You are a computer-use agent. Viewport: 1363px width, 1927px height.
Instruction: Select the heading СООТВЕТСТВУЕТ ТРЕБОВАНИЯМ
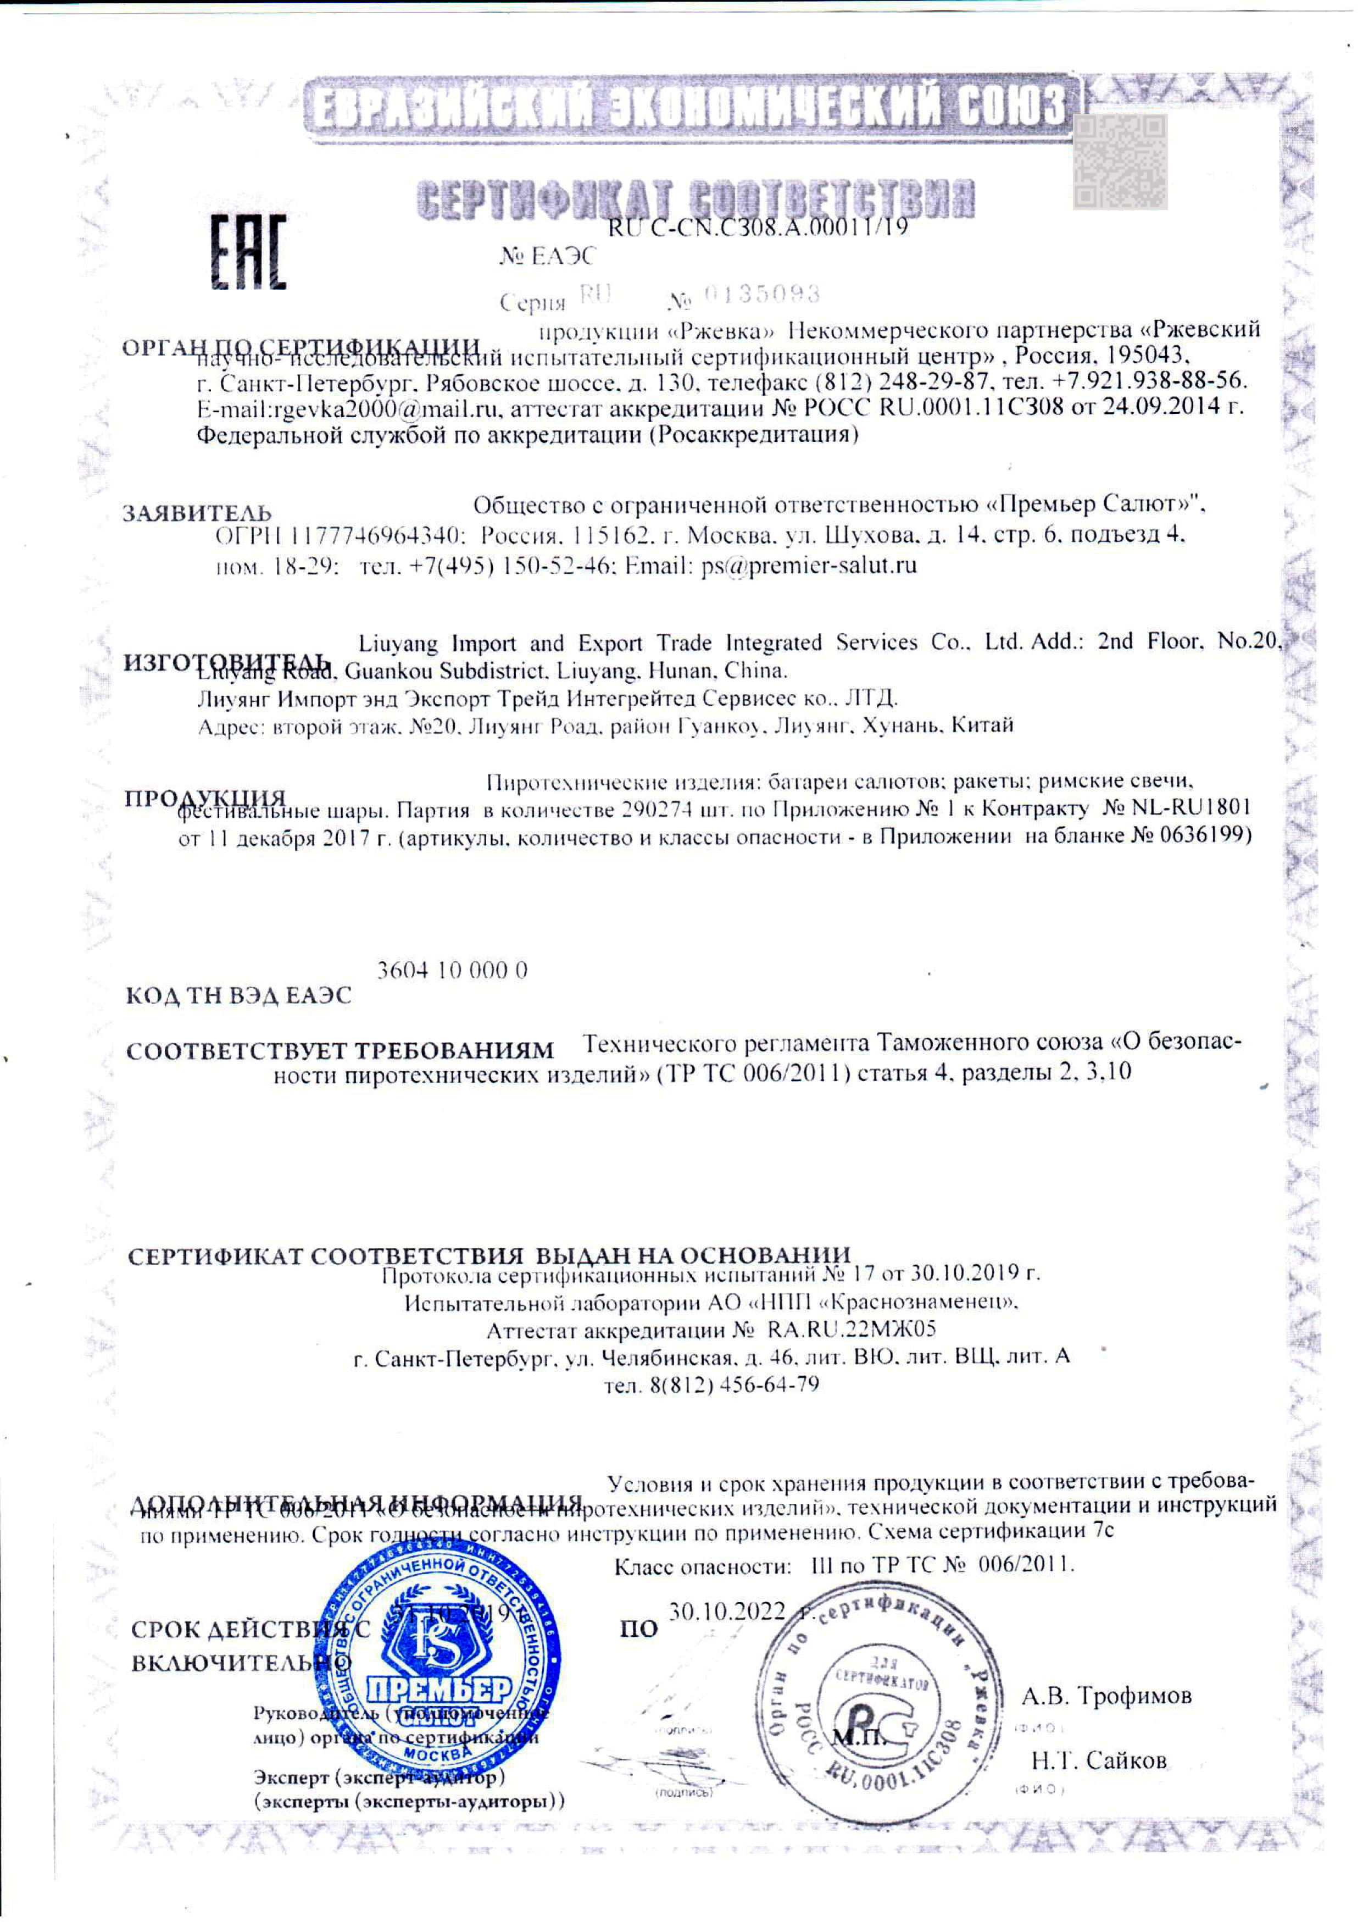click(x=340, y=1050)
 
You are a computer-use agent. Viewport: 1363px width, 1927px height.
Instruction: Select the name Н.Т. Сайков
click(x=1099, y=1761)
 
